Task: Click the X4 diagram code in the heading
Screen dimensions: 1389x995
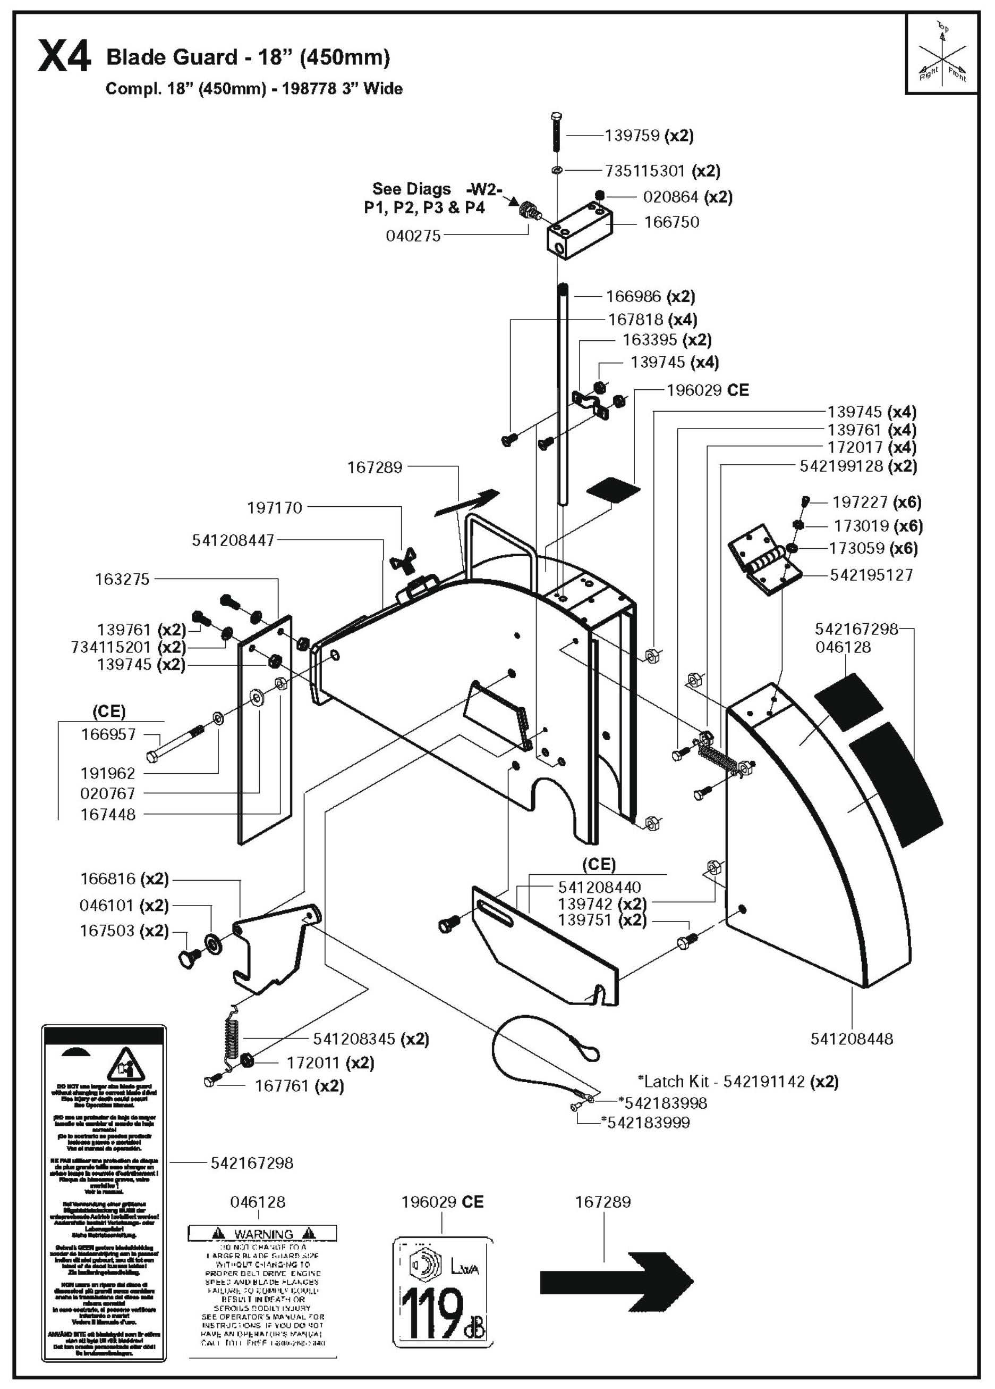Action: click(64, 56)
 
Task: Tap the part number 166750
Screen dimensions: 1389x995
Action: click(671, 222)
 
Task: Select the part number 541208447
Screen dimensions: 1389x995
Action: click(233, 541)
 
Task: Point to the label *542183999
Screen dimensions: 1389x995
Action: click(645, 1123)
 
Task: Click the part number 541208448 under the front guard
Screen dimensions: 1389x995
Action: click(852, 1039)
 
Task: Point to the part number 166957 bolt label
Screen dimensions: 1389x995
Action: click(108, 734)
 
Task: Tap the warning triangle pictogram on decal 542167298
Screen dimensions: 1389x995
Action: click(125, 1065)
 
